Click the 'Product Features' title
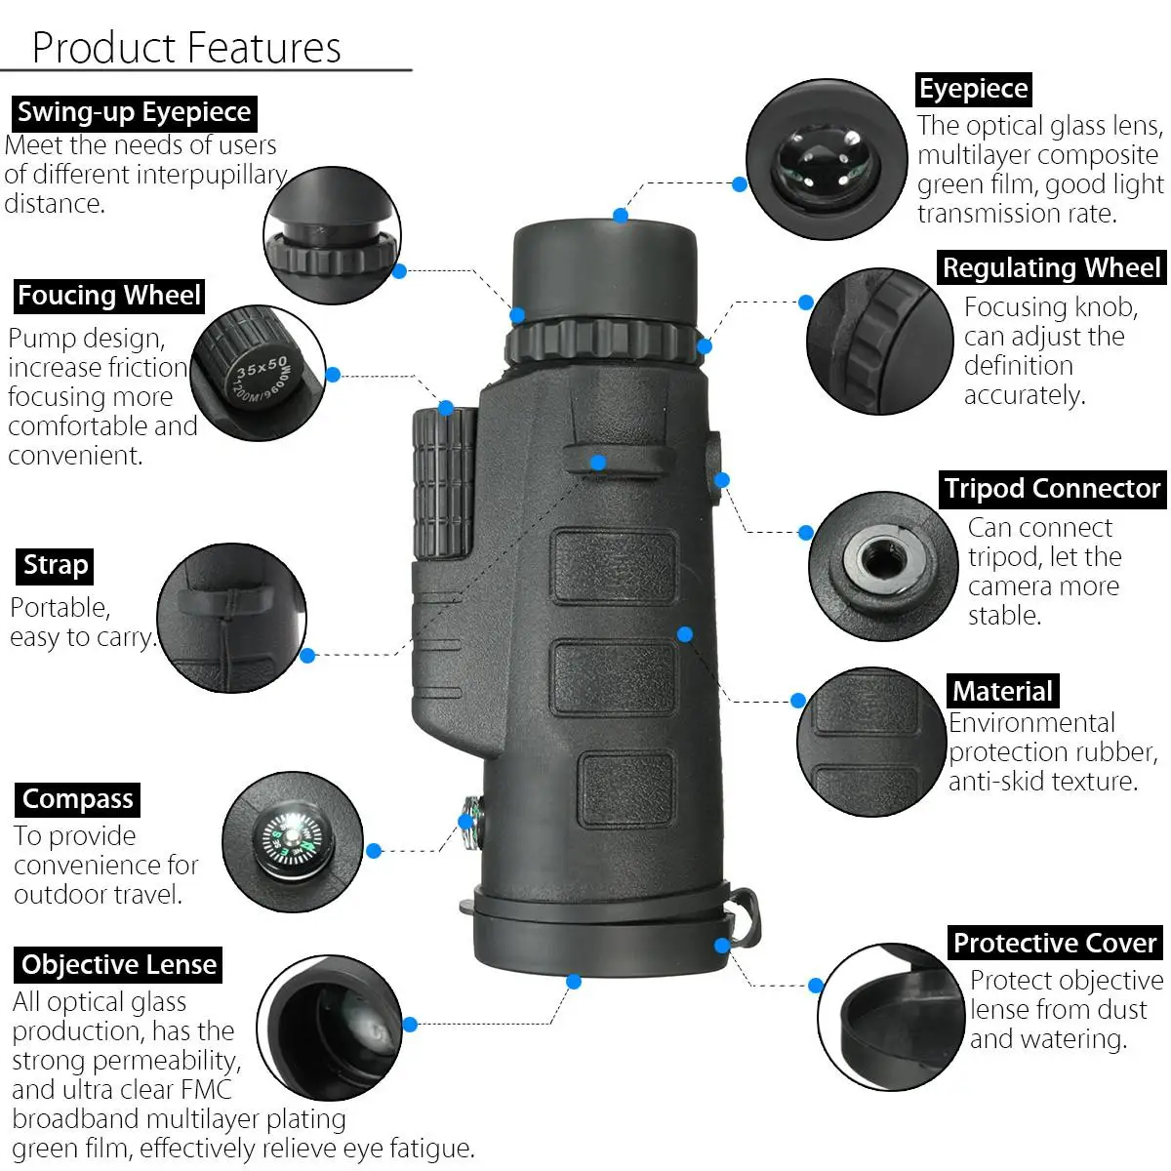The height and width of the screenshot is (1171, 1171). pos(186,48)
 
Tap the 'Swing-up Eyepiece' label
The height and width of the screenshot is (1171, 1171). pos(135,113)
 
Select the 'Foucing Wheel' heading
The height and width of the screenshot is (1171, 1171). pos(109,296)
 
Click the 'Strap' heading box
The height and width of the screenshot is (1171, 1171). pos(56,566)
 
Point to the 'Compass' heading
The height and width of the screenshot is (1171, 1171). pos(78,800)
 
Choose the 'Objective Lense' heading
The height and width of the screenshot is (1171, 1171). pos(118,965)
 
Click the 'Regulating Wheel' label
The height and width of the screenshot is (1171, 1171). pos(1051,267)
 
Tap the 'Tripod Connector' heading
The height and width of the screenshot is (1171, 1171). pos(1053,489)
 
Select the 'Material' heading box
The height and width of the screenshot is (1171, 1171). pos(1003,691)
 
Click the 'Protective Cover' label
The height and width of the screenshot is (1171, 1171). pos(1055,943)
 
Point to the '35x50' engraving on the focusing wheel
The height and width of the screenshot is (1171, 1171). pos(262,367)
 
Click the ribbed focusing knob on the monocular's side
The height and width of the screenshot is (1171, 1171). pos(445,483)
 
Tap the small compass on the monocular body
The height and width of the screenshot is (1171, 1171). pos(472,823)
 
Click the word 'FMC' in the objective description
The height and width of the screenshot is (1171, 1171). pos(207,1090)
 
